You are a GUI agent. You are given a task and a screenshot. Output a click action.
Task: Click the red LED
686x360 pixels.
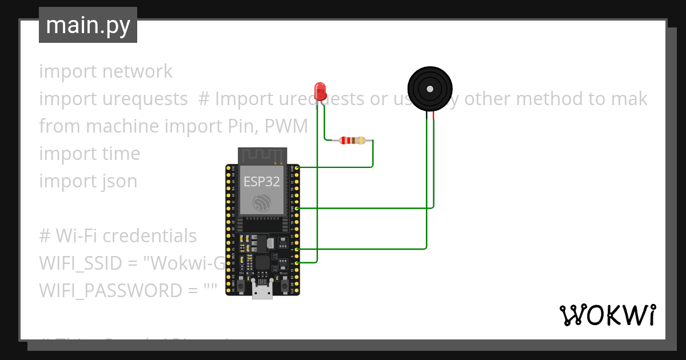(320, 90)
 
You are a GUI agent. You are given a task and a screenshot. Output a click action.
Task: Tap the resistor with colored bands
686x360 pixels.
(352, 141)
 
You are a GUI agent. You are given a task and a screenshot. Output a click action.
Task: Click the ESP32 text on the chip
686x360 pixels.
(262, 182)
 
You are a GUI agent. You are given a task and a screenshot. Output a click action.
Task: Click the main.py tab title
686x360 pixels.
(88, 25)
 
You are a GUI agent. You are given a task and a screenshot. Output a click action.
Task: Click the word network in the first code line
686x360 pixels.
(137, 71)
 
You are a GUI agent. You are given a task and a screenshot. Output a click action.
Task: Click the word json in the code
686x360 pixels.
(119, 181)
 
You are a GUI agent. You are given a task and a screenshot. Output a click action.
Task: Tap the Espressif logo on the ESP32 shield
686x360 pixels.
(262, 202)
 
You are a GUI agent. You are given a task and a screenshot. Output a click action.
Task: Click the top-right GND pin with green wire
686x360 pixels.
(297, 167)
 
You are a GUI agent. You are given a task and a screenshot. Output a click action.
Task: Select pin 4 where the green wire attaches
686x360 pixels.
(297, 249)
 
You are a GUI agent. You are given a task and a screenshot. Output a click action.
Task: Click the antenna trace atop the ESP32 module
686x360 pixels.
(262, 155)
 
